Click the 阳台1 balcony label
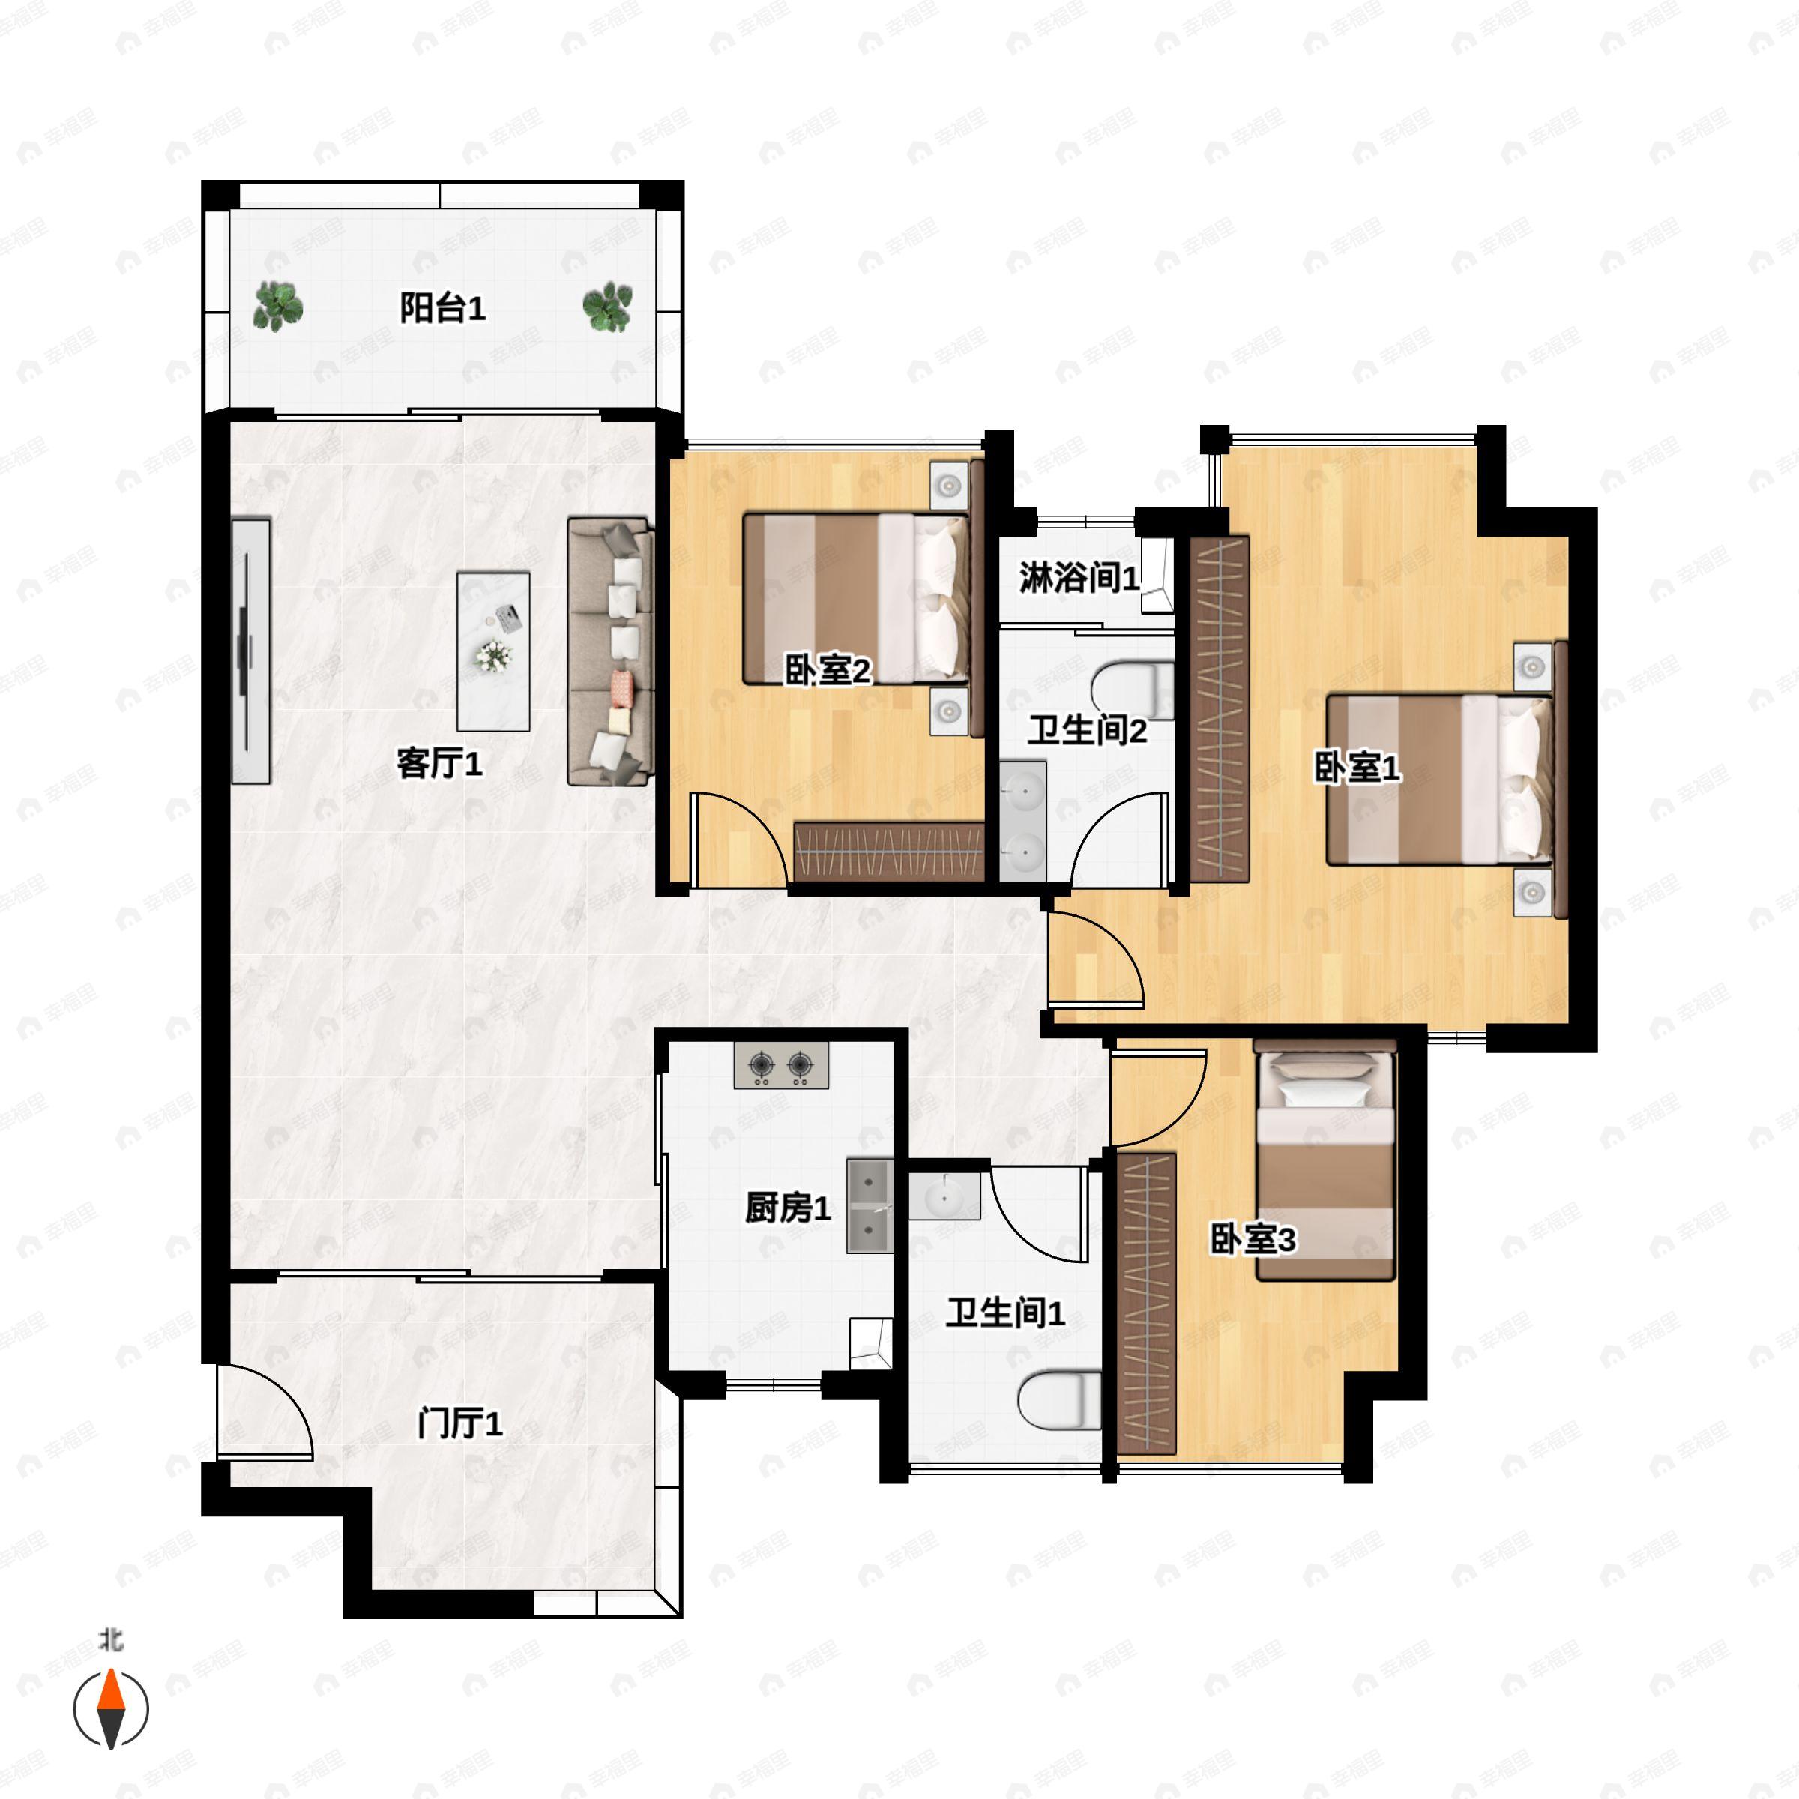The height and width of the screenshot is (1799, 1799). coord(442,308)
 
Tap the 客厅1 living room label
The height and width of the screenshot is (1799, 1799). coord(439,764)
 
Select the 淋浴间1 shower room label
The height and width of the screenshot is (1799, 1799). coord(1079,578)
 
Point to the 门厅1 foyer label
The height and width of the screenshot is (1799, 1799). coord(460,1423)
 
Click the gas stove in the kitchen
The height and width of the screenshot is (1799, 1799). coord(781,1066)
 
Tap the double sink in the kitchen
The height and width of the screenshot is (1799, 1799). coord(870,1205)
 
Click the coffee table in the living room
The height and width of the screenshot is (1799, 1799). coord(493,651)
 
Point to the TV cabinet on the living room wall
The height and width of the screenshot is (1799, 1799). coord(250,651)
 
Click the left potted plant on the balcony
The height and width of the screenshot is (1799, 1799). coord(277,307)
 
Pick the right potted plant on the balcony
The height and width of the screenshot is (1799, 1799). coord(607,307)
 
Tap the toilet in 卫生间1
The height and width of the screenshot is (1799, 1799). coord(1060,1399)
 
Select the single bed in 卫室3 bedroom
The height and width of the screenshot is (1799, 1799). coord(1325,1165)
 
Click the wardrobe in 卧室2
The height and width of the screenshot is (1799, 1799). coord(888,852)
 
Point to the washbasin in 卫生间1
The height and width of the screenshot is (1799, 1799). coord(945,1196)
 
